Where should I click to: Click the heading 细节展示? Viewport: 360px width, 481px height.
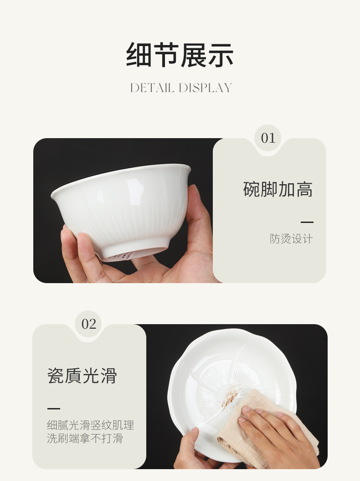180,55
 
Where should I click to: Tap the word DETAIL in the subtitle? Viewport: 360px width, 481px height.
152,88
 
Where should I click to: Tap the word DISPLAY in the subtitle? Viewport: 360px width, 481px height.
205,88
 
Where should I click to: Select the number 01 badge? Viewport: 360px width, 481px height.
268,138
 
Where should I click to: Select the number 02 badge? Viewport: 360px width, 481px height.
88,324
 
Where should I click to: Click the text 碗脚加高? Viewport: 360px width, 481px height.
278,189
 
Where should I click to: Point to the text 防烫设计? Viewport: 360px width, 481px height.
291,238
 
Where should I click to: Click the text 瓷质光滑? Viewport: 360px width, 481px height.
82,376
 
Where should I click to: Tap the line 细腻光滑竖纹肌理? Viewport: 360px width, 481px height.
91,425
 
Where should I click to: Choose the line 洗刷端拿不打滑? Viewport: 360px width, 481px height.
85,438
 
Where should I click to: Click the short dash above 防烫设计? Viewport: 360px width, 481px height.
307,222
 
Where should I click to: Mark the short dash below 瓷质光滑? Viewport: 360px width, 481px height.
54,409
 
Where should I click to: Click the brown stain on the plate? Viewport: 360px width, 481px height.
231,396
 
